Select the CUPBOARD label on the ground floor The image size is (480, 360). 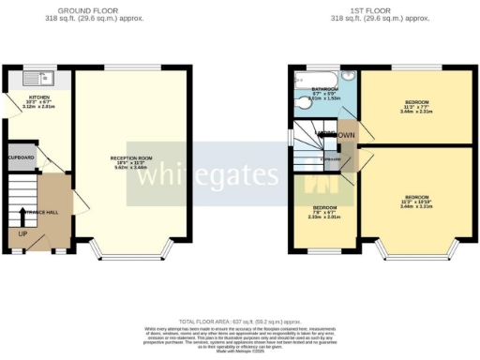[x=22, y=158]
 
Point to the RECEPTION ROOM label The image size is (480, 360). [x=130, y=158]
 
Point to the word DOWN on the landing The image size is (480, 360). [x=346, y=136]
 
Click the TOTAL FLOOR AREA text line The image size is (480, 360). [x=240, y=322]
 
